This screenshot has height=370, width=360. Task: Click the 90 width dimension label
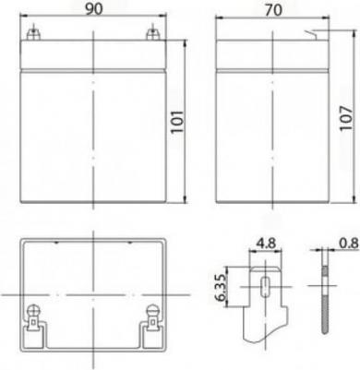pyautogui.click(x=93, y=9)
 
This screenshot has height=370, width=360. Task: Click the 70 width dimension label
pyautogui.click(x=273, y=10)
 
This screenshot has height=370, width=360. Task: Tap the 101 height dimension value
pyautogui.click(x=177, y=121)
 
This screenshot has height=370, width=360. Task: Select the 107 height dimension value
pyautogui.click(x=346, y=118)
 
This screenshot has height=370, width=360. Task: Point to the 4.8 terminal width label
pyautogui.click(x=266, y=244)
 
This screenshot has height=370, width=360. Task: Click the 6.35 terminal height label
pyautogui.click(x=221, y=287)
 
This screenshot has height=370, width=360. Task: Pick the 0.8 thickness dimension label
pyautogui.click(x=349, y=244)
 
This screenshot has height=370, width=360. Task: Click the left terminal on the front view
pyautogui.click(x=33, y=34)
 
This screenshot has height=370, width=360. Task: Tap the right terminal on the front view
pyautogui.click(x=152, y=34)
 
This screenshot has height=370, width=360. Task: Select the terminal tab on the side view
pyautogui.click(x=311, y=35)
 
